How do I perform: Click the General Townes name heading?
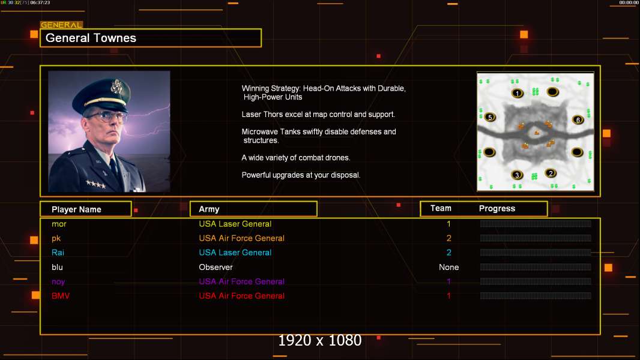91,38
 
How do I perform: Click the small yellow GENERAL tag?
61,25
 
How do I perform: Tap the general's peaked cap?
102,93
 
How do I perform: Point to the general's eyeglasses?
105,117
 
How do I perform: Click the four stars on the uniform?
96,184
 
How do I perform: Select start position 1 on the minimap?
517,94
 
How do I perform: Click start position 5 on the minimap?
490,118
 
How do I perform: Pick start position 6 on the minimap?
578,120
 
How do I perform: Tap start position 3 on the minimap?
517,175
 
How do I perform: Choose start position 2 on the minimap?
551,173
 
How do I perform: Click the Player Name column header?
76,209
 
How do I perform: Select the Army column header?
209,209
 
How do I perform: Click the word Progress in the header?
497,209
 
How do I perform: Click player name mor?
59,224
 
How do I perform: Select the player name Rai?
58,253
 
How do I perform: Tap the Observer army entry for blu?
216,267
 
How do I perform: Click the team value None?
448,267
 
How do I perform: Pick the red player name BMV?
61,296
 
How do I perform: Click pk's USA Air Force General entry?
241,238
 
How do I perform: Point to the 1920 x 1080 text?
319,340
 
